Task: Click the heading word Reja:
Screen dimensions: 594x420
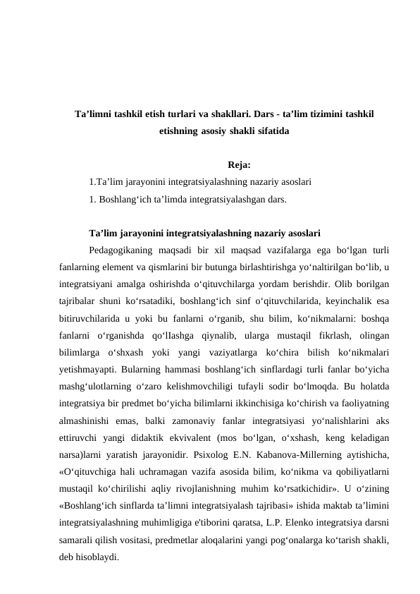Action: (240, 165)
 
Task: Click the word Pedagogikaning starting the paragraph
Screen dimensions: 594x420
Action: (121, 250)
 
